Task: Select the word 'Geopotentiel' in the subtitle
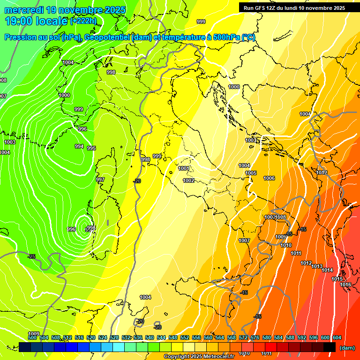coord(107,37)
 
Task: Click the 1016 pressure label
coord(345,285)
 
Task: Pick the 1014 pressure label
coord(327,270)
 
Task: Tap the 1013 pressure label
coord(317,266)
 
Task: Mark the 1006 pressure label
coord(269,179)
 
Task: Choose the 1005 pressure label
coord(251,173)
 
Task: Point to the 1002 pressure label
coord(188,180)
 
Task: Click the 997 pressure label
coord(100,180)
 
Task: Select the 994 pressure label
coord(79,147)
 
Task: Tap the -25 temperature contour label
coord(31,256)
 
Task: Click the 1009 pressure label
coord(33,334)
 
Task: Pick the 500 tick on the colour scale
coord(32,337)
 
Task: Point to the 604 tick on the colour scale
coord(337,337)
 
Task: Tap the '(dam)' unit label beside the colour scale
coord(347,348)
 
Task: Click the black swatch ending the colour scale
coord(330,347)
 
